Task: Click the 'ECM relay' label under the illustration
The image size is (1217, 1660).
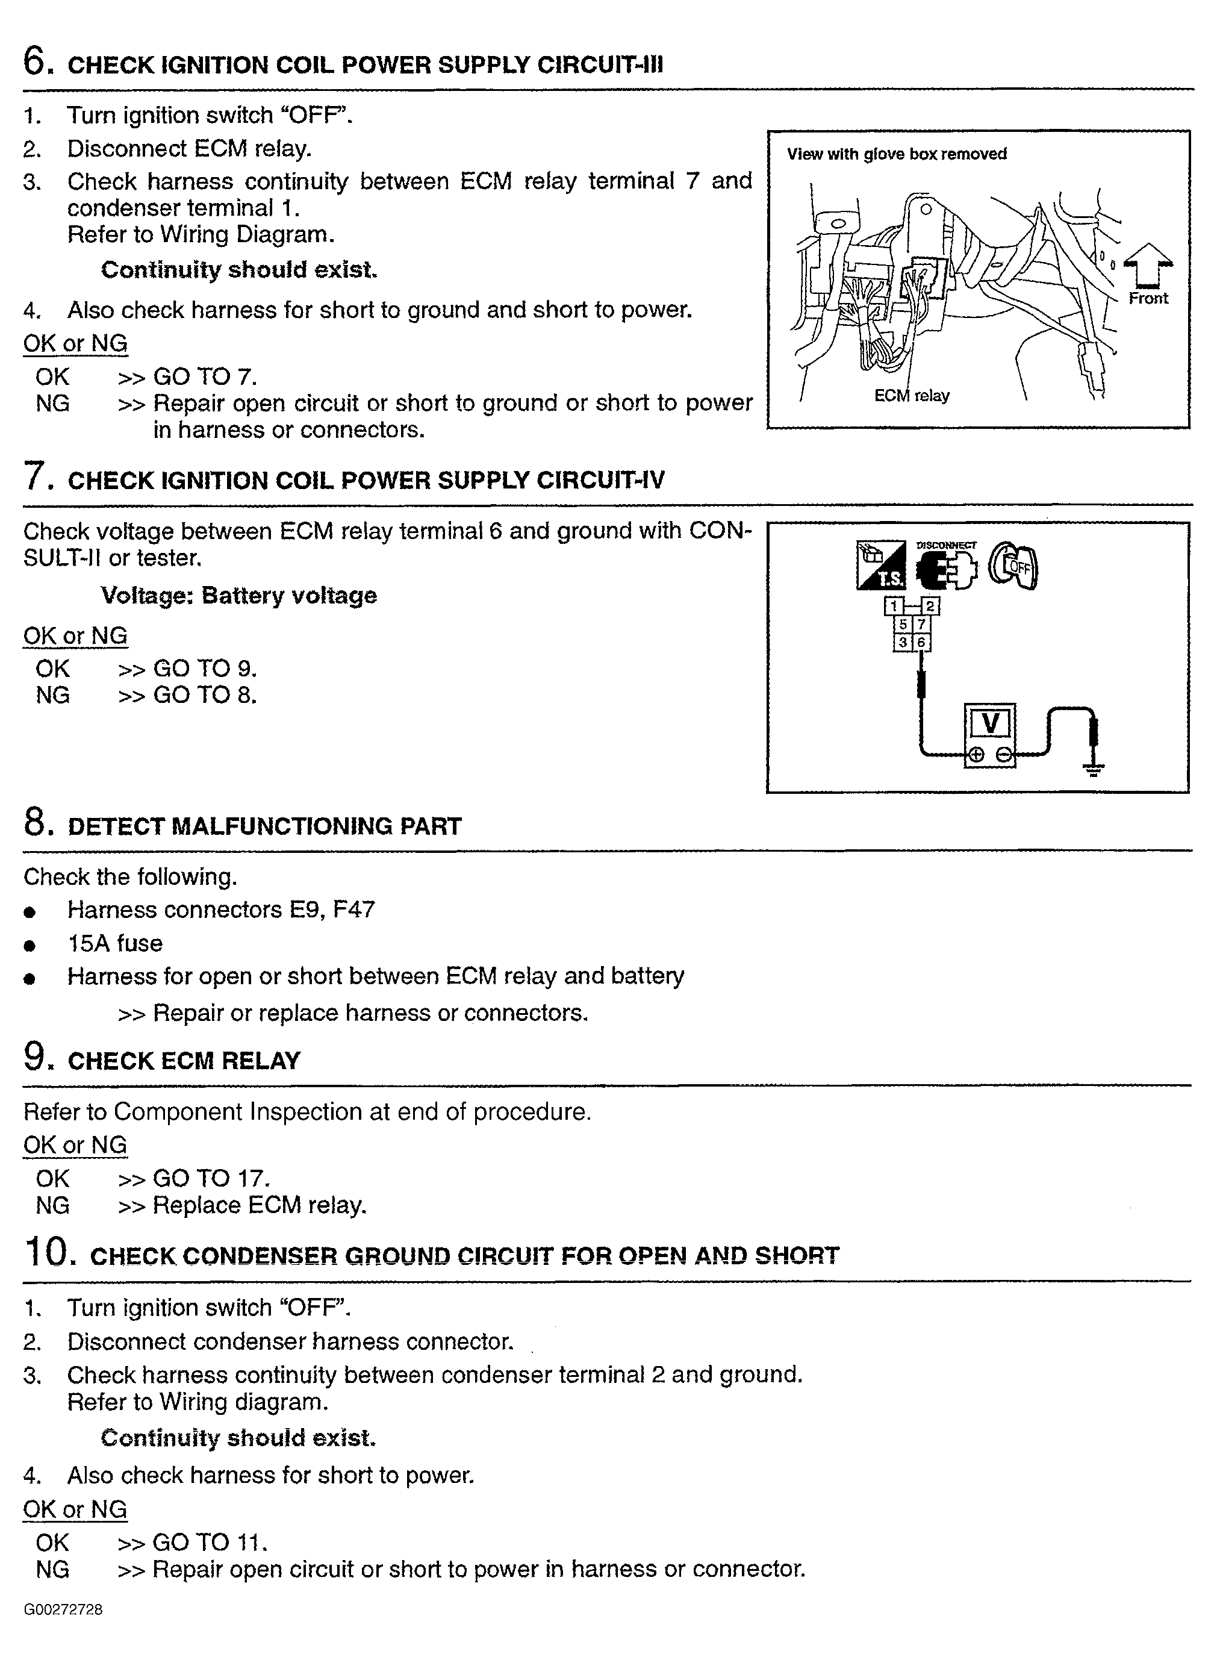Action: click(912, 396)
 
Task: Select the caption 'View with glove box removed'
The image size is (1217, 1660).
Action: click(896, 154)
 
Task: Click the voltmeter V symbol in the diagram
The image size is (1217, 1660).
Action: click(990, 723)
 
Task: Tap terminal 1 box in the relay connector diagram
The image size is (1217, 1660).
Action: click(894, 607)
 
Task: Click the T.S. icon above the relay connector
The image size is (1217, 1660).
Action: click(881, 566)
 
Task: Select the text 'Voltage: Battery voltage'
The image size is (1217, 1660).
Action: click(238, 595)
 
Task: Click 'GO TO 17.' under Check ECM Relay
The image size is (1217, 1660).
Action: click(211, 1178)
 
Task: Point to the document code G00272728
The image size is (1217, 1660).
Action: click(63, 1610)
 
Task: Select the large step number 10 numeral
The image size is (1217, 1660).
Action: click(49, 1252)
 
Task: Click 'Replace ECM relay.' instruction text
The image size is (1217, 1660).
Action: click(260, 1205)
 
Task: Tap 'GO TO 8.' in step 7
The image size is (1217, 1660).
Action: click(205, 695)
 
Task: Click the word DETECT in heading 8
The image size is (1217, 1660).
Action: click(114, 826)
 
